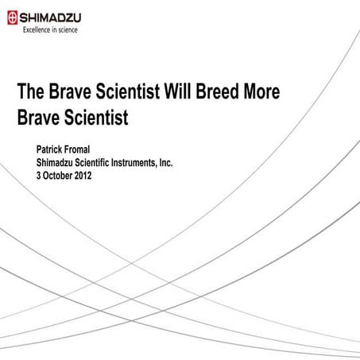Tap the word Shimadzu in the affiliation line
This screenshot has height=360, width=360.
[60, 162]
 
